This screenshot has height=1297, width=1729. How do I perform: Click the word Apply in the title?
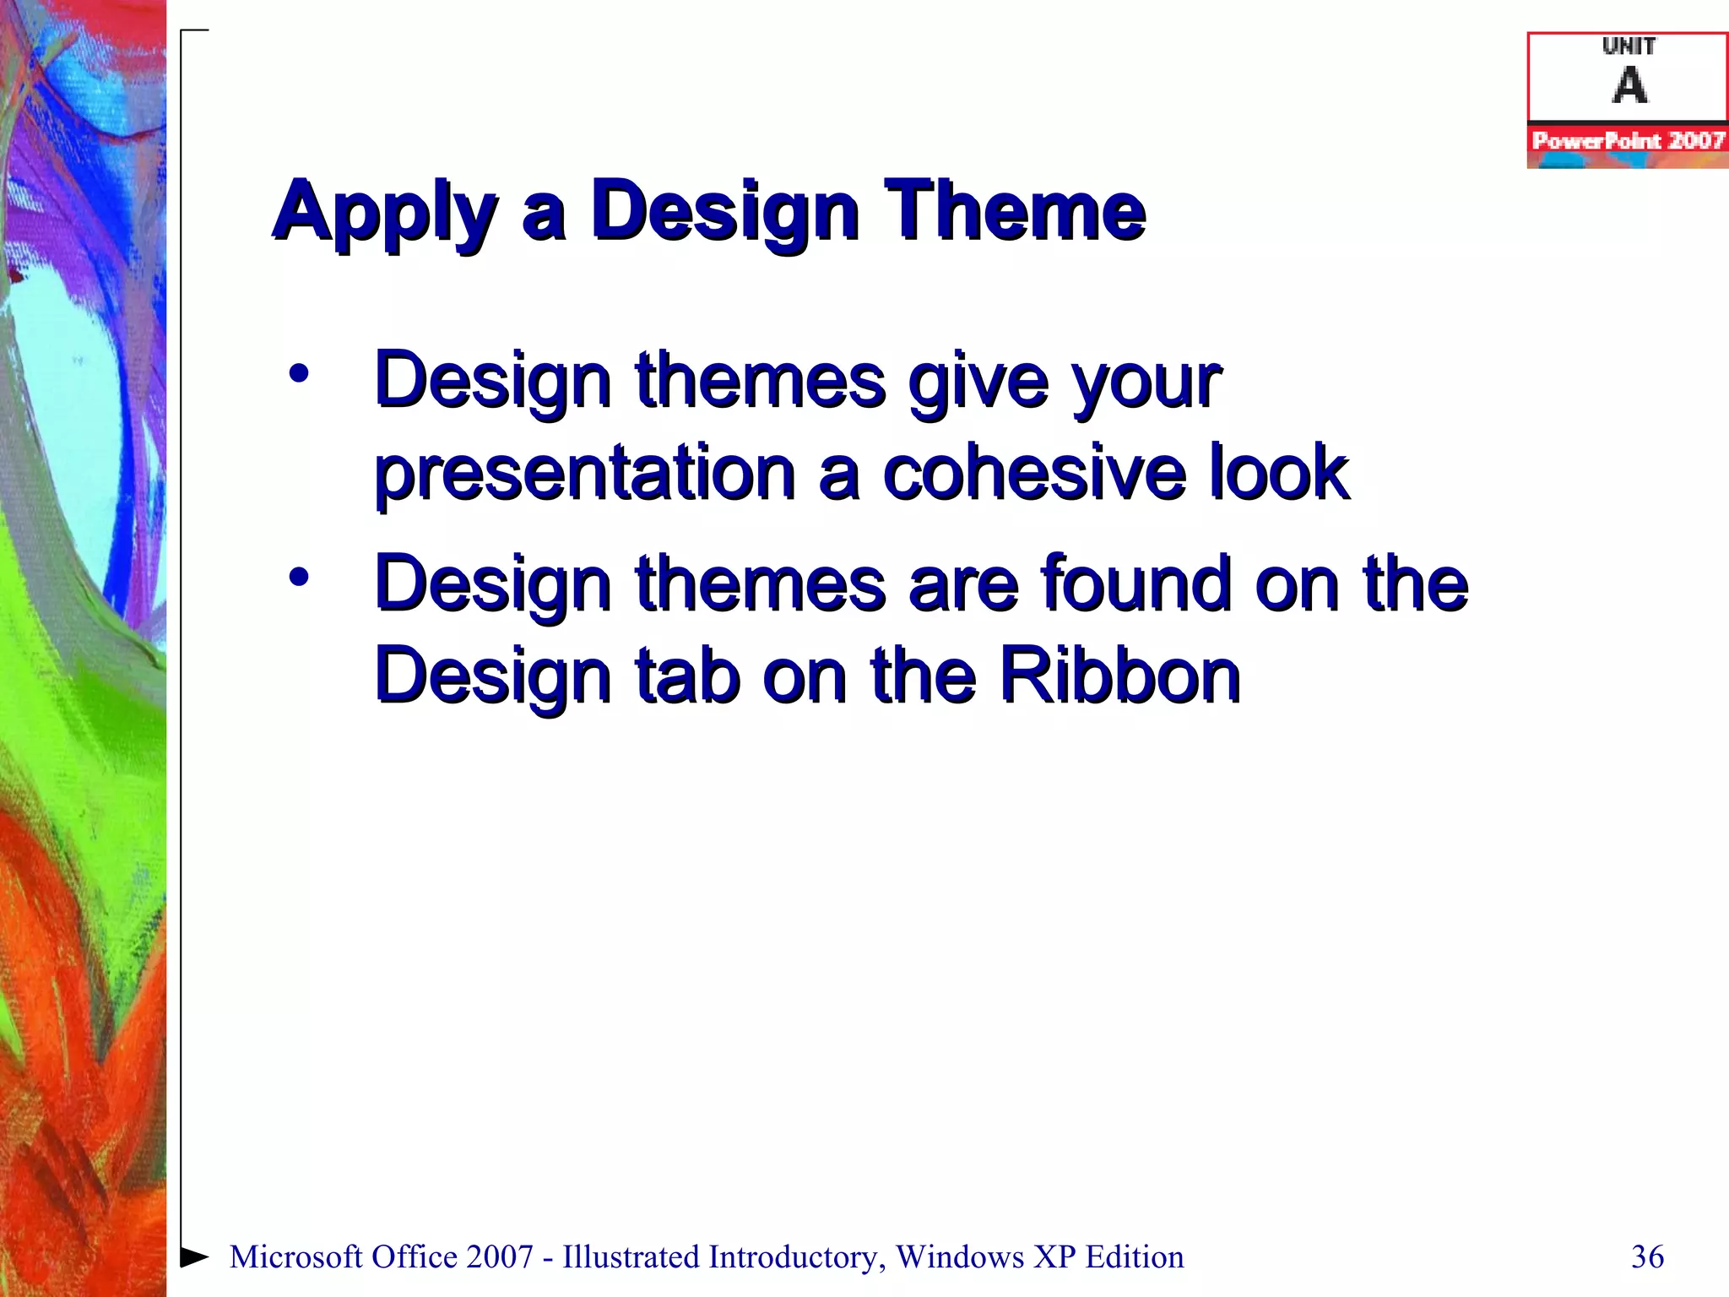pyautogui.click(x=384, y=213)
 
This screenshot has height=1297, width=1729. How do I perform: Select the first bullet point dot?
pyautogui.click(x=299, y=373)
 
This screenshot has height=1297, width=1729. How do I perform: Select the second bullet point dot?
pyautogui.click(x=299, y=578)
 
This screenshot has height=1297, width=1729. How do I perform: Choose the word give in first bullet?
pyautogui.click(x=979, y=382)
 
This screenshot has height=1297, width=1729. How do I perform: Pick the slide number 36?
pyautogui.click(x=1647, y=1256)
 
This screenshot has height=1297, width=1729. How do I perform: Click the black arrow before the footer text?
pyautogui.click(x=195, y=1256)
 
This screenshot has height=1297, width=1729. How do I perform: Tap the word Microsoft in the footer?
pyautogui.click(x=295, y=1256)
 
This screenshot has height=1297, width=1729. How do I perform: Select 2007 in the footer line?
pyautogui.click(x=500, y=1256)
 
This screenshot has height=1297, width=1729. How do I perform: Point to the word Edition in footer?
pyautogui.click(x=1135, y=1256)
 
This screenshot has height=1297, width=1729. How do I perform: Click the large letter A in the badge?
pyautogui.click(x=1629, y=86)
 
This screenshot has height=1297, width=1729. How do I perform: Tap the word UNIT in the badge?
pyautogui.click(x=1629, y=46)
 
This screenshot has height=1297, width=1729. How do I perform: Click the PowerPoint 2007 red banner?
pyautogui.click(x=1628, y=141)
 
